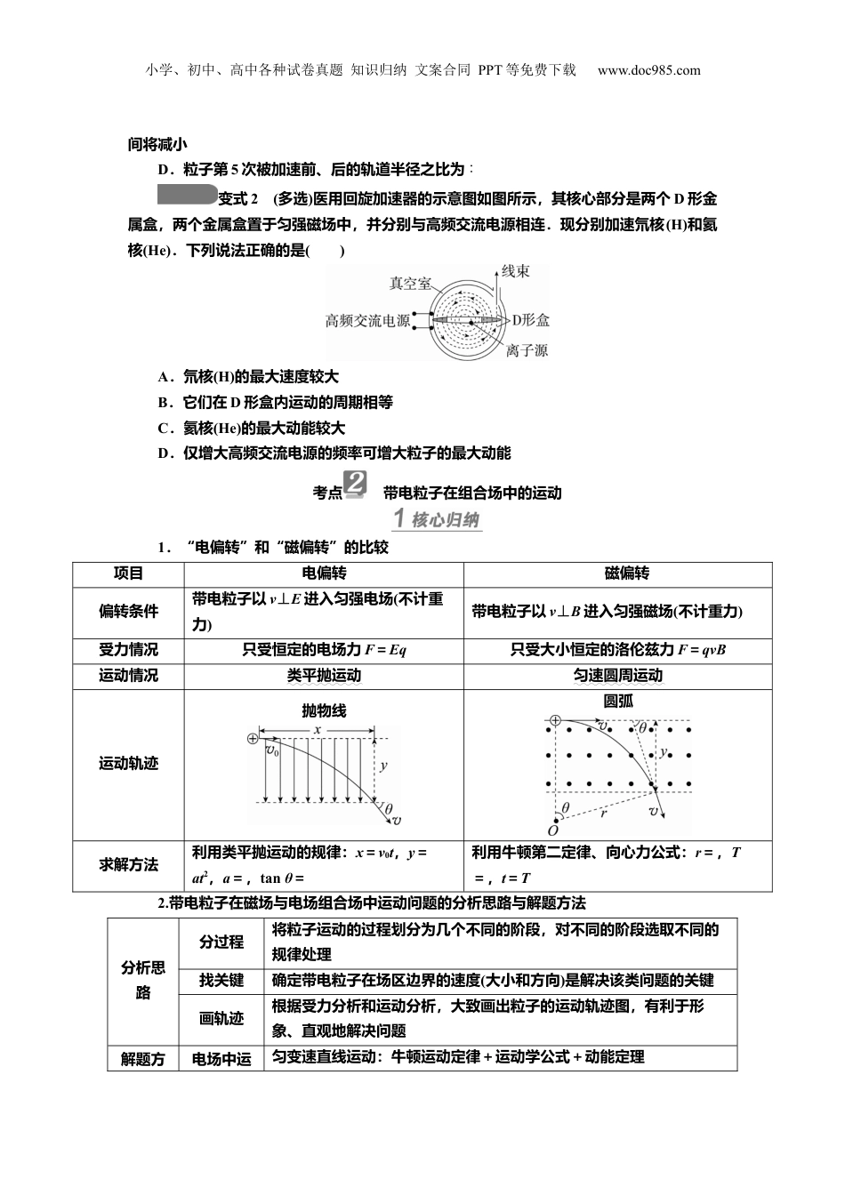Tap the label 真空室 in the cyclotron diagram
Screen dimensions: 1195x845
(411, 284)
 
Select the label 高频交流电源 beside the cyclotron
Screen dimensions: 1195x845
(367, 321)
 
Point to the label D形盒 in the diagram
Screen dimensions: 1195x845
(529, 320)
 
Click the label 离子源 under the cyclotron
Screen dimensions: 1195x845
(527, 350)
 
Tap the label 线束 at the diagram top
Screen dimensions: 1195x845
(516, 271)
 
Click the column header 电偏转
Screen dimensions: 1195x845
(325, 574)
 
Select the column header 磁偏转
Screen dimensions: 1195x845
(626, 574)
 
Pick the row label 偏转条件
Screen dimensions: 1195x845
(128, 612)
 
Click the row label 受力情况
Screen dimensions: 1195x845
(128, 650)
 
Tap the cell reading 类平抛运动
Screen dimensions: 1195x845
(324, 676)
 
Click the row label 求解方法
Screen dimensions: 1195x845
(128, 864)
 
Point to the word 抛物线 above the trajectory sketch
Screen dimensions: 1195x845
(324, 710)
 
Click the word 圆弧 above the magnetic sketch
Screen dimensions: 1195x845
(618, 701)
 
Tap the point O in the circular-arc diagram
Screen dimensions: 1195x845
(552, 830)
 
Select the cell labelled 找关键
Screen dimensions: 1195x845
(221, 981)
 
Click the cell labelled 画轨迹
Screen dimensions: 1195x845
(221, 1019)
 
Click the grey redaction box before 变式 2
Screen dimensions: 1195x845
(187, 196)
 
